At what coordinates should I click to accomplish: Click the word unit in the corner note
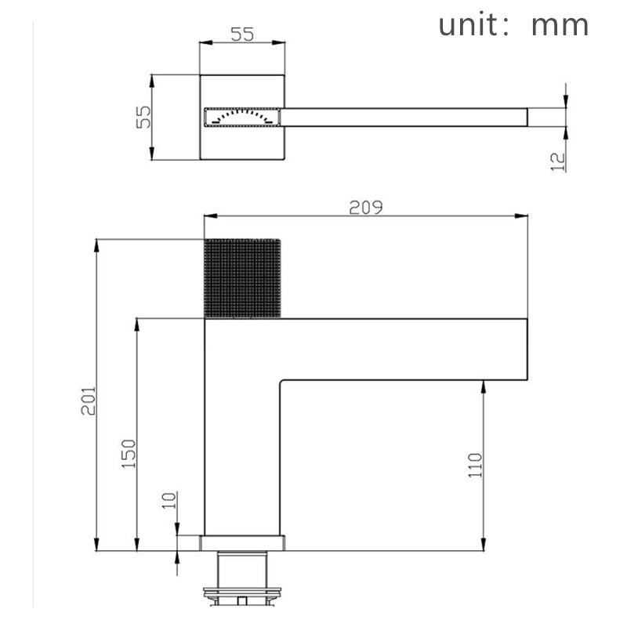pos(468,24)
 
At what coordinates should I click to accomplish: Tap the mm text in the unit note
pos(560,25)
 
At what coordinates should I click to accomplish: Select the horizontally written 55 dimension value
pos(242,34)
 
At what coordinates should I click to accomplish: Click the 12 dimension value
pos(557,161)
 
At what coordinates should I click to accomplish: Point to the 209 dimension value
pos(366,207)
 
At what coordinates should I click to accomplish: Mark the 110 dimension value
pos(475,467)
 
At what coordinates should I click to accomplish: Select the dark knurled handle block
pos(242,279)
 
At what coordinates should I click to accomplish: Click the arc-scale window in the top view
pos(242,117)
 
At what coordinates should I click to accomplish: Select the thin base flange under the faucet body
pos(242,542)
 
